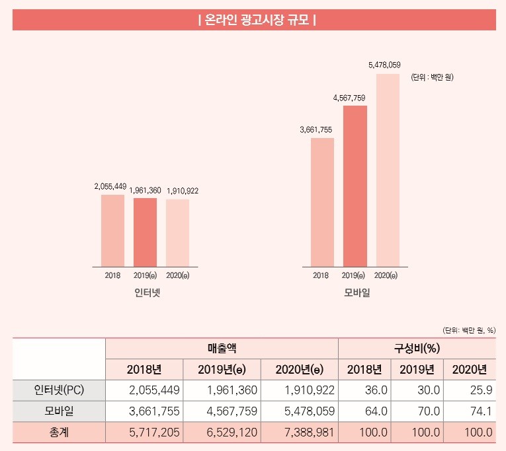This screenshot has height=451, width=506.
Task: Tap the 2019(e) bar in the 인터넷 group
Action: [x=145, y=232]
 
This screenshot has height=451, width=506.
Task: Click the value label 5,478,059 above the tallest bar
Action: [x=384, y=65]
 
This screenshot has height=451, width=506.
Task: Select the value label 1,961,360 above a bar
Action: [x=145, y=191]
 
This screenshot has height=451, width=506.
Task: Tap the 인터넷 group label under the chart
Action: [x=147, y=291]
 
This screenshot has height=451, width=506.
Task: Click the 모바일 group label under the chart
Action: [x=357, y=291]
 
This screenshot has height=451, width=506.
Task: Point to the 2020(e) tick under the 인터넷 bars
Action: [x=177, y=275]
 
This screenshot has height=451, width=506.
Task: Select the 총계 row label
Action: [x=59, y=433]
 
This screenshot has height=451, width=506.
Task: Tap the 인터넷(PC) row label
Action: [x=59, y=390]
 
